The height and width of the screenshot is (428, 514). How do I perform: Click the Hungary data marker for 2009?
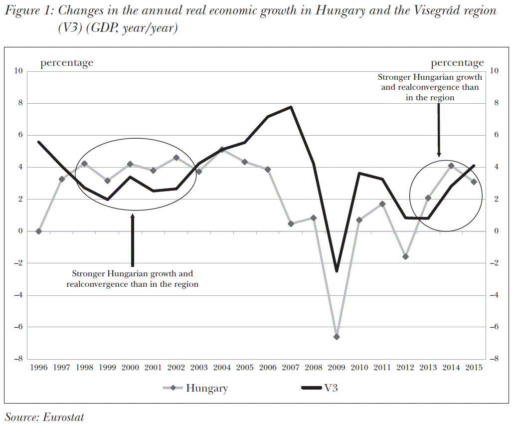pyautogui.click(x=337, y=337)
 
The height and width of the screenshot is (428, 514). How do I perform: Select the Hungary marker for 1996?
pyautogui.click(x=39, y=231)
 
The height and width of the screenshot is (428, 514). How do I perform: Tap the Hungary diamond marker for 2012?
pyautogui.click(x=405, y=256)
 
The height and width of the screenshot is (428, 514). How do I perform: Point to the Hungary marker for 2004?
pyautogui.click(x=222, y=150)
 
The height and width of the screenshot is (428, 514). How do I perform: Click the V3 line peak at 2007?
pyautogui.click(x=291, y=107)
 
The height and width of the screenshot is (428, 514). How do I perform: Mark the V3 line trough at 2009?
pyautogui.click(x=337, y=270)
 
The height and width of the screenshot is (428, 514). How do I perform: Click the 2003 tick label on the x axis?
pyautogui.click(x=199, y=368)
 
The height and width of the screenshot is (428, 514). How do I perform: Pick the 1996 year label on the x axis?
pyautogui.click(x=39, y=368)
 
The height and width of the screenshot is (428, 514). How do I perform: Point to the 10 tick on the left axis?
pyautogui.click(x=18, y=71)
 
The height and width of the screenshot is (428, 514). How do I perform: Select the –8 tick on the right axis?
pyautogui.click(x=494, y=359)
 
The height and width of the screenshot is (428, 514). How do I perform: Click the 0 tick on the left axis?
pyautogui.click(x=20, y=231)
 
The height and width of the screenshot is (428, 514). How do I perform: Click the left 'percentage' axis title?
pyautogui.click(x=67, y=63)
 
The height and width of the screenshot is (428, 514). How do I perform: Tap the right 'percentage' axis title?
pyautogui.click(x=457, y=63)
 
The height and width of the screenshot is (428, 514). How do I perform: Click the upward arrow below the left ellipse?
pyautogui.click(x=132, y=239)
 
